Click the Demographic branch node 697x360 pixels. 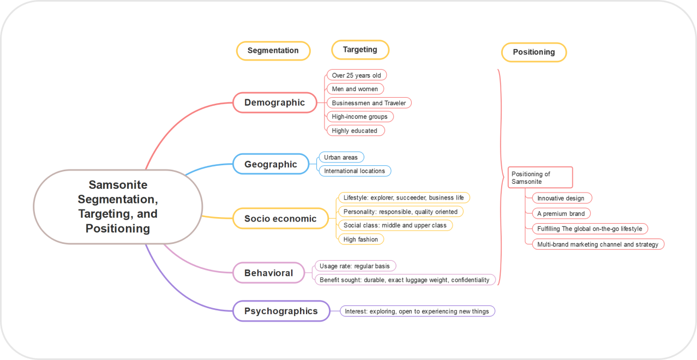click(x=274, y=103)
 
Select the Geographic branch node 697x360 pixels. click(x=271, y=164)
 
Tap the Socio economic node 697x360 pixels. click(x=280, y=219)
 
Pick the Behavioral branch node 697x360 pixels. click(x=268, y=273)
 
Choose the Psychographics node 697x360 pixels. click(x=281, y=311)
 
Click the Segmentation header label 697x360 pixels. click(x=273, y=51)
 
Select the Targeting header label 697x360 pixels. click(x=360, y=50)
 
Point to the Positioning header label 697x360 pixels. click(x=533, y=52)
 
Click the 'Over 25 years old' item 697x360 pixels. click(x=357, y=75)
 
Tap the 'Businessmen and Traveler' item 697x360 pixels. click(x=369, y=103)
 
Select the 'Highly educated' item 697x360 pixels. click(x=354, y=131)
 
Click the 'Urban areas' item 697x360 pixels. click(x=341, y=157)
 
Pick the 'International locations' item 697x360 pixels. click(x=354, y=171)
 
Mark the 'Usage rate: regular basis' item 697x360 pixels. click(x=354, y=266)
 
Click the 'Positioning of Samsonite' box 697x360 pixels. click(x=540, y=178)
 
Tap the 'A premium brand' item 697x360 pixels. click(x=561, y=214)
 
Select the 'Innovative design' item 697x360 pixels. click(x=561, y=199)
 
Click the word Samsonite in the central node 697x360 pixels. click(x=118, y=185)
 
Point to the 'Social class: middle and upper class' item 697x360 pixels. click(x=395, y=225)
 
